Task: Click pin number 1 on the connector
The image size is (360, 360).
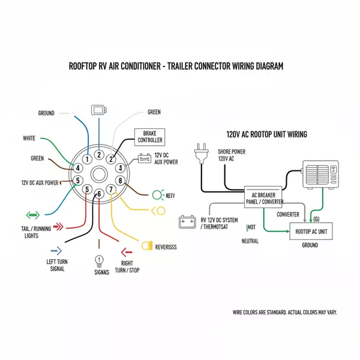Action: point(88,159)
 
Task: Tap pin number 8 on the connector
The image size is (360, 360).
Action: point(121,181)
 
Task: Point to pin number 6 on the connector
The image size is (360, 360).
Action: point(99,193)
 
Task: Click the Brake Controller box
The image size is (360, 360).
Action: point(150,136)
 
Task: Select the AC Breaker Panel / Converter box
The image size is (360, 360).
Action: point(264,197)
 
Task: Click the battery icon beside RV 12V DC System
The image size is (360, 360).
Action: point(187,223)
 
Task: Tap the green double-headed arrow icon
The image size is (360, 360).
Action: point(32,214)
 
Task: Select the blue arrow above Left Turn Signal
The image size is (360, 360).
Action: point(56,250)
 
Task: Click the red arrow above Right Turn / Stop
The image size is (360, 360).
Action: point(127,252)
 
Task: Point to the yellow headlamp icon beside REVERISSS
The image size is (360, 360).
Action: point(146,245)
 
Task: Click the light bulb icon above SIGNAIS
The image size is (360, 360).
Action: point(99,260)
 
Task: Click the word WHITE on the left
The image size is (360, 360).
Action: point(29,138)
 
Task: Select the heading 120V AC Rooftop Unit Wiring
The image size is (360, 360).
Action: point(266,135)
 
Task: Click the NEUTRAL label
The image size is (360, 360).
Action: point(250,241)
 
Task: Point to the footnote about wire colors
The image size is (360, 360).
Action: point(284,312)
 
